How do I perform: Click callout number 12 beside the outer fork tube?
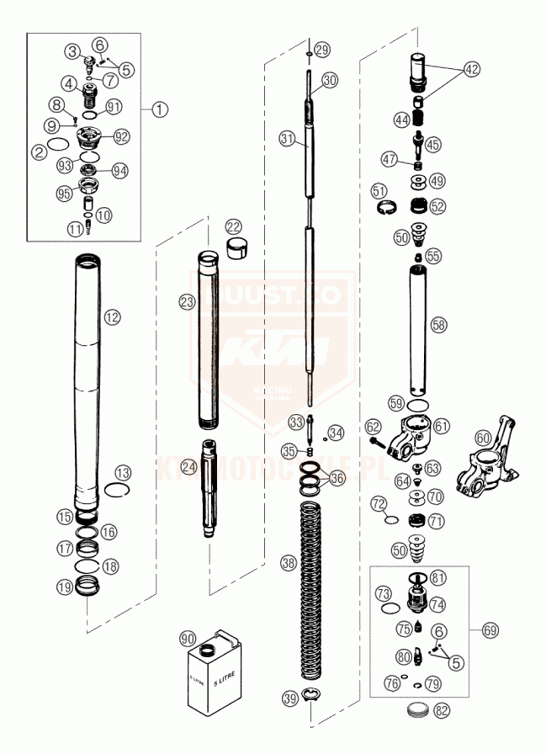[112, 316]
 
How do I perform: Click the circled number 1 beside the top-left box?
[160, 109]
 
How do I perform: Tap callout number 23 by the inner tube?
[186, 300]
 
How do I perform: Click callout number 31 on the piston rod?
[289, 141]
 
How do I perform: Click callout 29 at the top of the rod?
[323, 49]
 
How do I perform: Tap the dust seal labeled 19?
[87, 586]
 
